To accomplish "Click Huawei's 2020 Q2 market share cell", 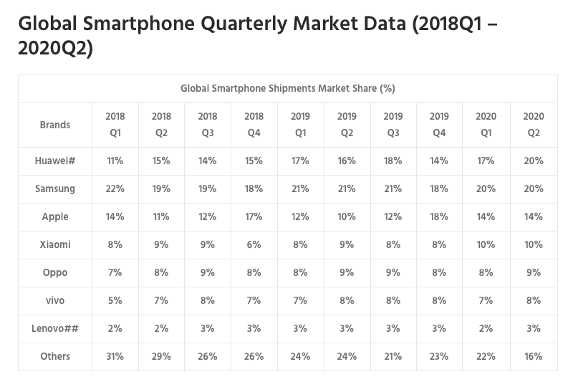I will [532, 161].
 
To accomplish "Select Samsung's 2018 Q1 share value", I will [115, 189].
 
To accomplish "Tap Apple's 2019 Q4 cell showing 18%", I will [439, 216].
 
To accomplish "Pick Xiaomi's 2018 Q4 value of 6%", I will [254, 244].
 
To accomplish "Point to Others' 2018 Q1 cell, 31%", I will [115, 356].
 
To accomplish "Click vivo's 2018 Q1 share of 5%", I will [115, 300].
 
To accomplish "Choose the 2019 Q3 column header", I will [393, 124].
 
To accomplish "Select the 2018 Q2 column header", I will [161, 124].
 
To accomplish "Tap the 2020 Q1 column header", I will [486, 124].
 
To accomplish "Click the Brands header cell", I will [55, 125].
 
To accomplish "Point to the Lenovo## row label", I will [55, 328].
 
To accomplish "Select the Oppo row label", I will [55, 272].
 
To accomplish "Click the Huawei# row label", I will [55, 161].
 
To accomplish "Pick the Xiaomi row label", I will [55, 244].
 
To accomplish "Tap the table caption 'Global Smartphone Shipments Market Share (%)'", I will [288, 89].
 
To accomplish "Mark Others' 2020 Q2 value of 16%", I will [532, 356].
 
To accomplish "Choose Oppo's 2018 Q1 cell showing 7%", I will [115, 272].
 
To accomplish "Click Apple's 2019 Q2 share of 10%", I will [347, 216].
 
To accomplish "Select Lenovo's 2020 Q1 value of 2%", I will [486, 328].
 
